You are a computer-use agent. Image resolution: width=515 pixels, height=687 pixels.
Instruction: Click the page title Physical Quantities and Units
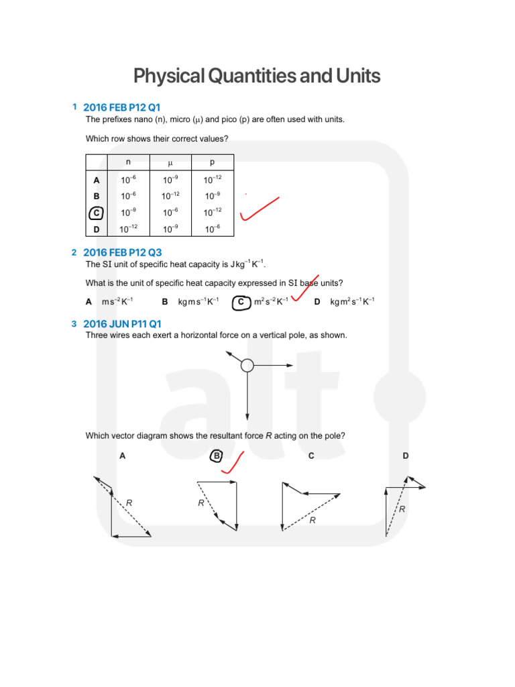tap(257, 76)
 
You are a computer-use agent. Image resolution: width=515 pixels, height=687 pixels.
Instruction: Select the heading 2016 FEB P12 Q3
tap(122, 252)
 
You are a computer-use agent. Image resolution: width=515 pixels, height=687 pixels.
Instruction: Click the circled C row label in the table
tap(97, 213)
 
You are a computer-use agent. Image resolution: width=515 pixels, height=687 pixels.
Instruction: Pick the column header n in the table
tap(129, 162)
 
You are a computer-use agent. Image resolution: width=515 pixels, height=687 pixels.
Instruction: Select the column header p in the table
tap(213, 162)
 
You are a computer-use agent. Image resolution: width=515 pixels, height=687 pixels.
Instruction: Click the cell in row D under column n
tap(129, 229)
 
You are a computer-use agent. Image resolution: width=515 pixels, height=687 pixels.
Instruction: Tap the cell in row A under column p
tap(213, 180)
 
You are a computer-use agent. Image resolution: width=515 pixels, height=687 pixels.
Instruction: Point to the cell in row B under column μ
tap(170, 196)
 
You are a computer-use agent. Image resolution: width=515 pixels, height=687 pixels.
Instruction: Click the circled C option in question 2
tap(241, 302)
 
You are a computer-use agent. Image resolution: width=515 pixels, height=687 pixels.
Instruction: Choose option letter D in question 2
tap(317, 302)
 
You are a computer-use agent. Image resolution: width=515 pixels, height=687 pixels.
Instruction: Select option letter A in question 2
tap(89, 302)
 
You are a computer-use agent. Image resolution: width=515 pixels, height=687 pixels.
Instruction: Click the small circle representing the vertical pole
tap(247, 365)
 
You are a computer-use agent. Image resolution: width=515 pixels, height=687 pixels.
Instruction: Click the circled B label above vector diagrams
tap(216, 456)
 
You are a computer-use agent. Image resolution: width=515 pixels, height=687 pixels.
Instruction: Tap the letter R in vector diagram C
tap(312, 520)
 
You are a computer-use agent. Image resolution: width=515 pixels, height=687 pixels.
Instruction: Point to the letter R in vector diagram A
tap(129, 502)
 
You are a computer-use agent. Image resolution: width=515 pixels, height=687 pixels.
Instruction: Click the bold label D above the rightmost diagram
tap(405, 456)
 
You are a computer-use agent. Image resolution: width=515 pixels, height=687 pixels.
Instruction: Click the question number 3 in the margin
tap(74, 324)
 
